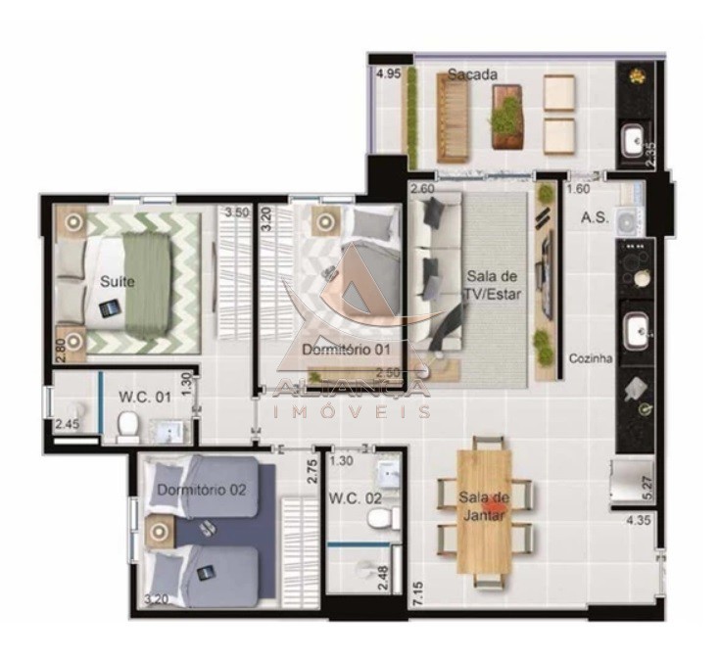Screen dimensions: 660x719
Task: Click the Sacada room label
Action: click(472, 74)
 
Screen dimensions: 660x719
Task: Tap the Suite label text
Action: click(118, 282)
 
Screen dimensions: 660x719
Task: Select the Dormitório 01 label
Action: click(333, 350)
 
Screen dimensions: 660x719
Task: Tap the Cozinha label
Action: click(591, 358)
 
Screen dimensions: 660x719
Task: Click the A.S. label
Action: click(595, 217)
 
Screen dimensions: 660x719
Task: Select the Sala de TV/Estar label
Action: click(493, 284)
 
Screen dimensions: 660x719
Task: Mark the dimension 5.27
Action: click(647, 487)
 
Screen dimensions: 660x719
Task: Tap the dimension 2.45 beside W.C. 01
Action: click(67, 424)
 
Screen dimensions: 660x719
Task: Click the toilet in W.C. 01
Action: click(126, 425)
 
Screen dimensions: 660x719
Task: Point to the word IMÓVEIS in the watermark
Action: click(355, 412)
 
